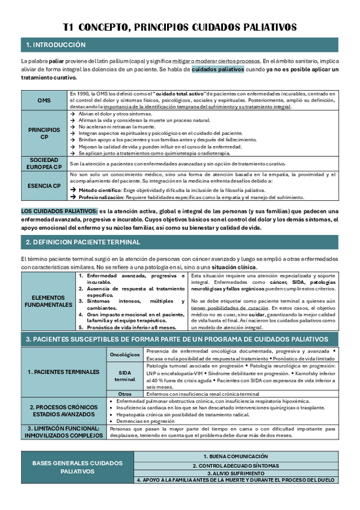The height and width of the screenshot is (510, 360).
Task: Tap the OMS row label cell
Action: [x=44, y=100]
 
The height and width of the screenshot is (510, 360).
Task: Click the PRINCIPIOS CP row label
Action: [x=44, y=133]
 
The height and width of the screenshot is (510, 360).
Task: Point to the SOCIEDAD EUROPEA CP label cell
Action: [x=44, y=163]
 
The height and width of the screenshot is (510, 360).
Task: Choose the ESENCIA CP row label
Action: [x=44, y=186]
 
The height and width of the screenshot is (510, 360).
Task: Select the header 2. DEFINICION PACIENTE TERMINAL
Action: [x=83, y=242]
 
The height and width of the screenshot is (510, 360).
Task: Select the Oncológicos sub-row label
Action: [x=125, y=355]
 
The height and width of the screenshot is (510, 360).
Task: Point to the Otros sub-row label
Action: [x=125, y=393]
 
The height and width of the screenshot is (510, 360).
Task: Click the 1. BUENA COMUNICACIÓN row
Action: [x=235, y=457]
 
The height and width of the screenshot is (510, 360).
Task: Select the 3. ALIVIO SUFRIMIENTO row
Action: [x=235, y=473]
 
